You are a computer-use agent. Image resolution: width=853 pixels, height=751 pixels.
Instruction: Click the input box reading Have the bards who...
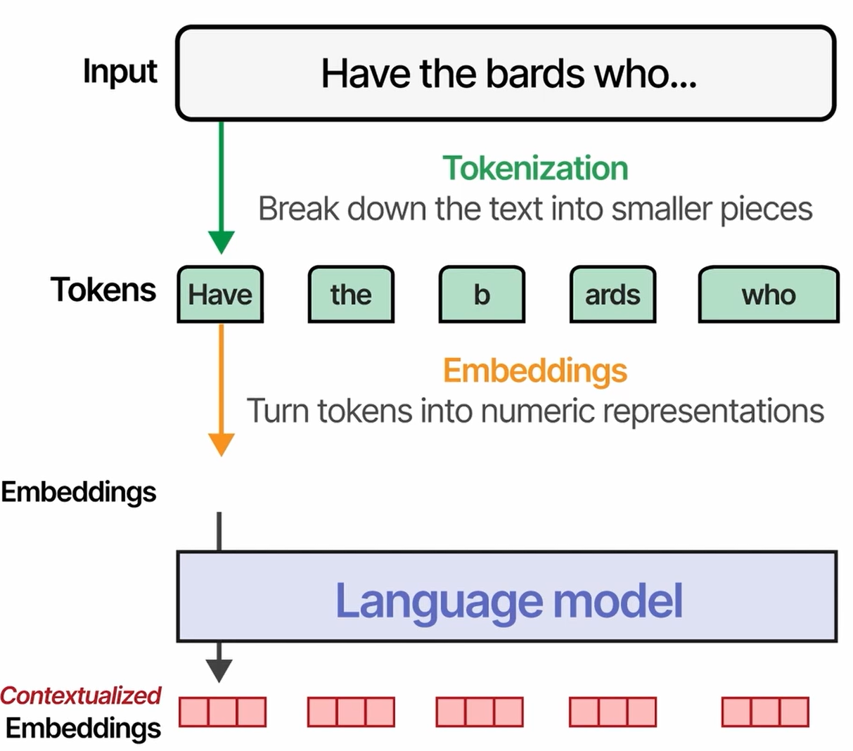pos(505,74)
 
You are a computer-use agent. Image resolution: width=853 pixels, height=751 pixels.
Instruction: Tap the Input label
pos(120,72)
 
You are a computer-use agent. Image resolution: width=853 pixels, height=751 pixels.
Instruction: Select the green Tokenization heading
pos(535,168)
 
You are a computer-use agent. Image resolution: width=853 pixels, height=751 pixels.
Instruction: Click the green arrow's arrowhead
pos(221,241)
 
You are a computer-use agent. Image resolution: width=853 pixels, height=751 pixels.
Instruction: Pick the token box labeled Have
pos(220,295)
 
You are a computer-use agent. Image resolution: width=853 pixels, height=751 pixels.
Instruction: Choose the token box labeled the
pos(351,295)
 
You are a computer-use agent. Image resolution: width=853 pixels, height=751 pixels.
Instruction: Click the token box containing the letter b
pos(482,295)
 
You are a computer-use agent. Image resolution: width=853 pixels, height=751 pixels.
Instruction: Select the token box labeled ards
pos(613,295)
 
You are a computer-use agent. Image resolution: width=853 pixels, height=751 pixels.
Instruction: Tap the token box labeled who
pos(768,295)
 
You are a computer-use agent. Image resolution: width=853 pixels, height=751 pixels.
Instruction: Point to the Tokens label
pos(103,290)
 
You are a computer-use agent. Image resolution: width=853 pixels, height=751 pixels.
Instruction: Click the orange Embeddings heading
pos(534,371)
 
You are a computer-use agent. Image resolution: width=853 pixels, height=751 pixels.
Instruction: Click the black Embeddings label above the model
pos(79,492)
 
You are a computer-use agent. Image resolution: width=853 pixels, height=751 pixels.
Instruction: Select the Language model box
pos(506,597)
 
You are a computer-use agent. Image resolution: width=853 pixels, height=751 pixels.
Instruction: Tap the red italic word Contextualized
pos(81,695)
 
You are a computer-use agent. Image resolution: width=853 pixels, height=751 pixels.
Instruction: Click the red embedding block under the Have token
pos(222,712)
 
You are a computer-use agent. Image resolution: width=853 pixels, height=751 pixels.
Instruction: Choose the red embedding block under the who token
pos(765,712)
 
